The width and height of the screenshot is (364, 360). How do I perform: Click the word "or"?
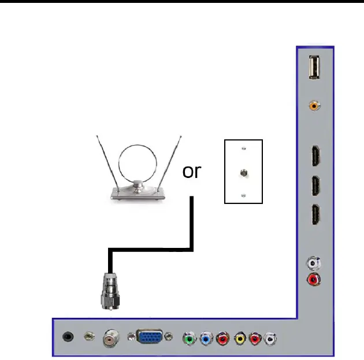point(192,172)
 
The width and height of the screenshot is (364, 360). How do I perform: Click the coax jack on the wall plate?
point(243,172)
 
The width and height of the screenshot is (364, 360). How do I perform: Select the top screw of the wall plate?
point(243,149)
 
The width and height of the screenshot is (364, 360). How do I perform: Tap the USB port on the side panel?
point(315,68)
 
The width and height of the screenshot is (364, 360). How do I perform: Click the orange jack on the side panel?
point(315,105)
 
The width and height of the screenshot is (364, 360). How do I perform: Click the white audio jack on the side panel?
point(314,263)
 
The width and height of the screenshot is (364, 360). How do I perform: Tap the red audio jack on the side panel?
point(314,280)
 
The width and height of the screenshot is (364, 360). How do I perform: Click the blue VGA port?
point(150,337)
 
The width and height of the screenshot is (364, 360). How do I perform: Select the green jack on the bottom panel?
point(189,338)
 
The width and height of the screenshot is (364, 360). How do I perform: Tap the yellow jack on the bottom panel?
point(240,338)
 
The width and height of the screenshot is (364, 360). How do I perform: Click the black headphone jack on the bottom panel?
point(70,336)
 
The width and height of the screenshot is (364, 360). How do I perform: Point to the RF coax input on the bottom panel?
point(110,338)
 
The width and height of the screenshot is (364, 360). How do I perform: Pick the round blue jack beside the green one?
point(206,338)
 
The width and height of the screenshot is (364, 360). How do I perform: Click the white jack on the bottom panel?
point(270,338)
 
